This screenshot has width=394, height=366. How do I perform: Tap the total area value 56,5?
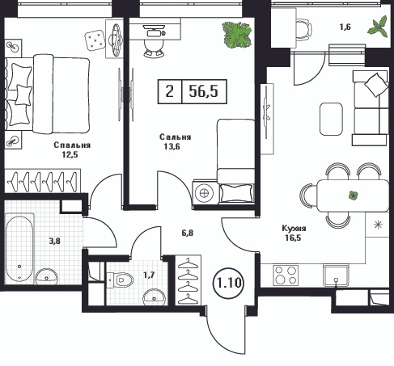204,91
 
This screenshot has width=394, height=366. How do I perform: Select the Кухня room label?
294,229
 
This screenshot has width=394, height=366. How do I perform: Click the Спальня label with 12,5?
72,145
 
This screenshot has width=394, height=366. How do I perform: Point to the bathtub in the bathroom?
19,247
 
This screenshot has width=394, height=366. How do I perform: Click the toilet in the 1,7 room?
121,280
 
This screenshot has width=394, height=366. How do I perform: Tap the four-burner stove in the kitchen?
286,275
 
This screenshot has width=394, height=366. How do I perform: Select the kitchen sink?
336,275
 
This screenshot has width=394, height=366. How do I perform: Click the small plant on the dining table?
353,195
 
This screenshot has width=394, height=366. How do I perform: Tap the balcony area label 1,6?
345,27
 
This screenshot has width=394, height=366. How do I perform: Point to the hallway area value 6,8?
188,233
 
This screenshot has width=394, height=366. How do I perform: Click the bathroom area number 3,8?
54,241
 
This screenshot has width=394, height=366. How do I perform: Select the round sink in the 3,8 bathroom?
46,276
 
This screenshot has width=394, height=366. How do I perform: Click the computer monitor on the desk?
154,27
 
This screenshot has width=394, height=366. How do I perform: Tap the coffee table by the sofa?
331,119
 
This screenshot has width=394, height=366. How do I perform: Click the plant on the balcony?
378,26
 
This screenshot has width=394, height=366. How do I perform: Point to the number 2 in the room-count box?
170,91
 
